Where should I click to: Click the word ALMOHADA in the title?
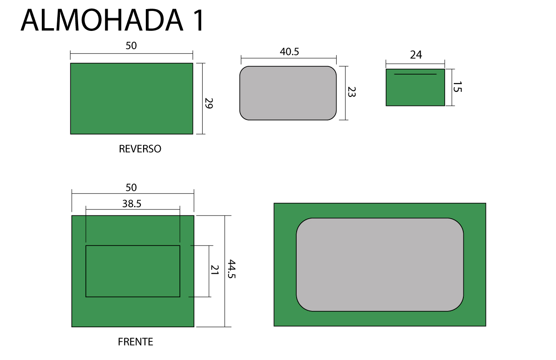(x=102, y=20)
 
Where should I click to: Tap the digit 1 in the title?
(x=198, y=20)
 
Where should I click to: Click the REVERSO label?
(x=140, y=149)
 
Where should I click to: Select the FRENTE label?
(x=135, y=342)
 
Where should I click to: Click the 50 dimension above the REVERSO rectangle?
(x=131, y=46)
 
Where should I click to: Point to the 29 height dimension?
(x=209, y=103)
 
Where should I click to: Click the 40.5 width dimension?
(x=289, y=52)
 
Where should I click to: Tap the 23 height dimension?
(x=352, y=92)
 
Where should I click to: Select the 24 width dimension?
(x=416, y=55)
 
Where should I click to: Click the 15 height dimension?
(x=457, y=87)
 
